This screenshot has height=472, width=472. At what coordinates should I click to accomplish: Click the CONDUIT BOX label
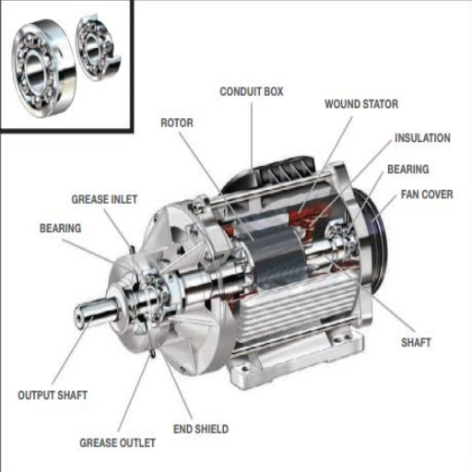pos(251,91)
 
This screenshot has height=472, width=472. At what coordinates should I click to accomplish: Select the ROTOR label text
pos(176,122)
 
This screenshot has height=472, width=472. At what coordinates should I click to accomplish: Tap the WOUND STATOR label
pos(360,104)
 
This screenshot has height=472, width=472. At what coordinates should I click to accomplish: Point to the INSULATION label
pos(421,138)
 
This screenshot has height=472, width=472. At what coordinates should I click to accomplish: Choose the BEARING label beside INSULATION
pos(407,170)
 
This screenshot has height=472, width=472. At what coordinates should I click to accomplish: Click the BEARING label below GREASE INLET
pos(60,227)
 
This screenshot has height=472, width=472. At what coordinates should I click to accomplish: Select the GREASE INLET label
pos(104,199)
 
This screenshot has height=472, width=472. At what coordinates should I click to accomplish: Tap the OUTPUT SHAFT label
pos(53,395)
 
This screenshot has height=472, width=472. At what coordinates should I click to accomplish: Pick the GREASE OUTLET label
pos(117,442)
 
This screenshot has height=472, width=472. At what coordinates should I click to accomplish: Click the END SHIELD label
pos(200,429)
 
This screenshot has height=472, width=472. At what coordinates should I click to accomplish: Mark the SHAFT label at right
pos(416,342)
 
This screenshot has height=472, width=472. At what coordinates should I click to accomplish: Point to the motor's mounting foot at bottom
pos(277,369)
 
